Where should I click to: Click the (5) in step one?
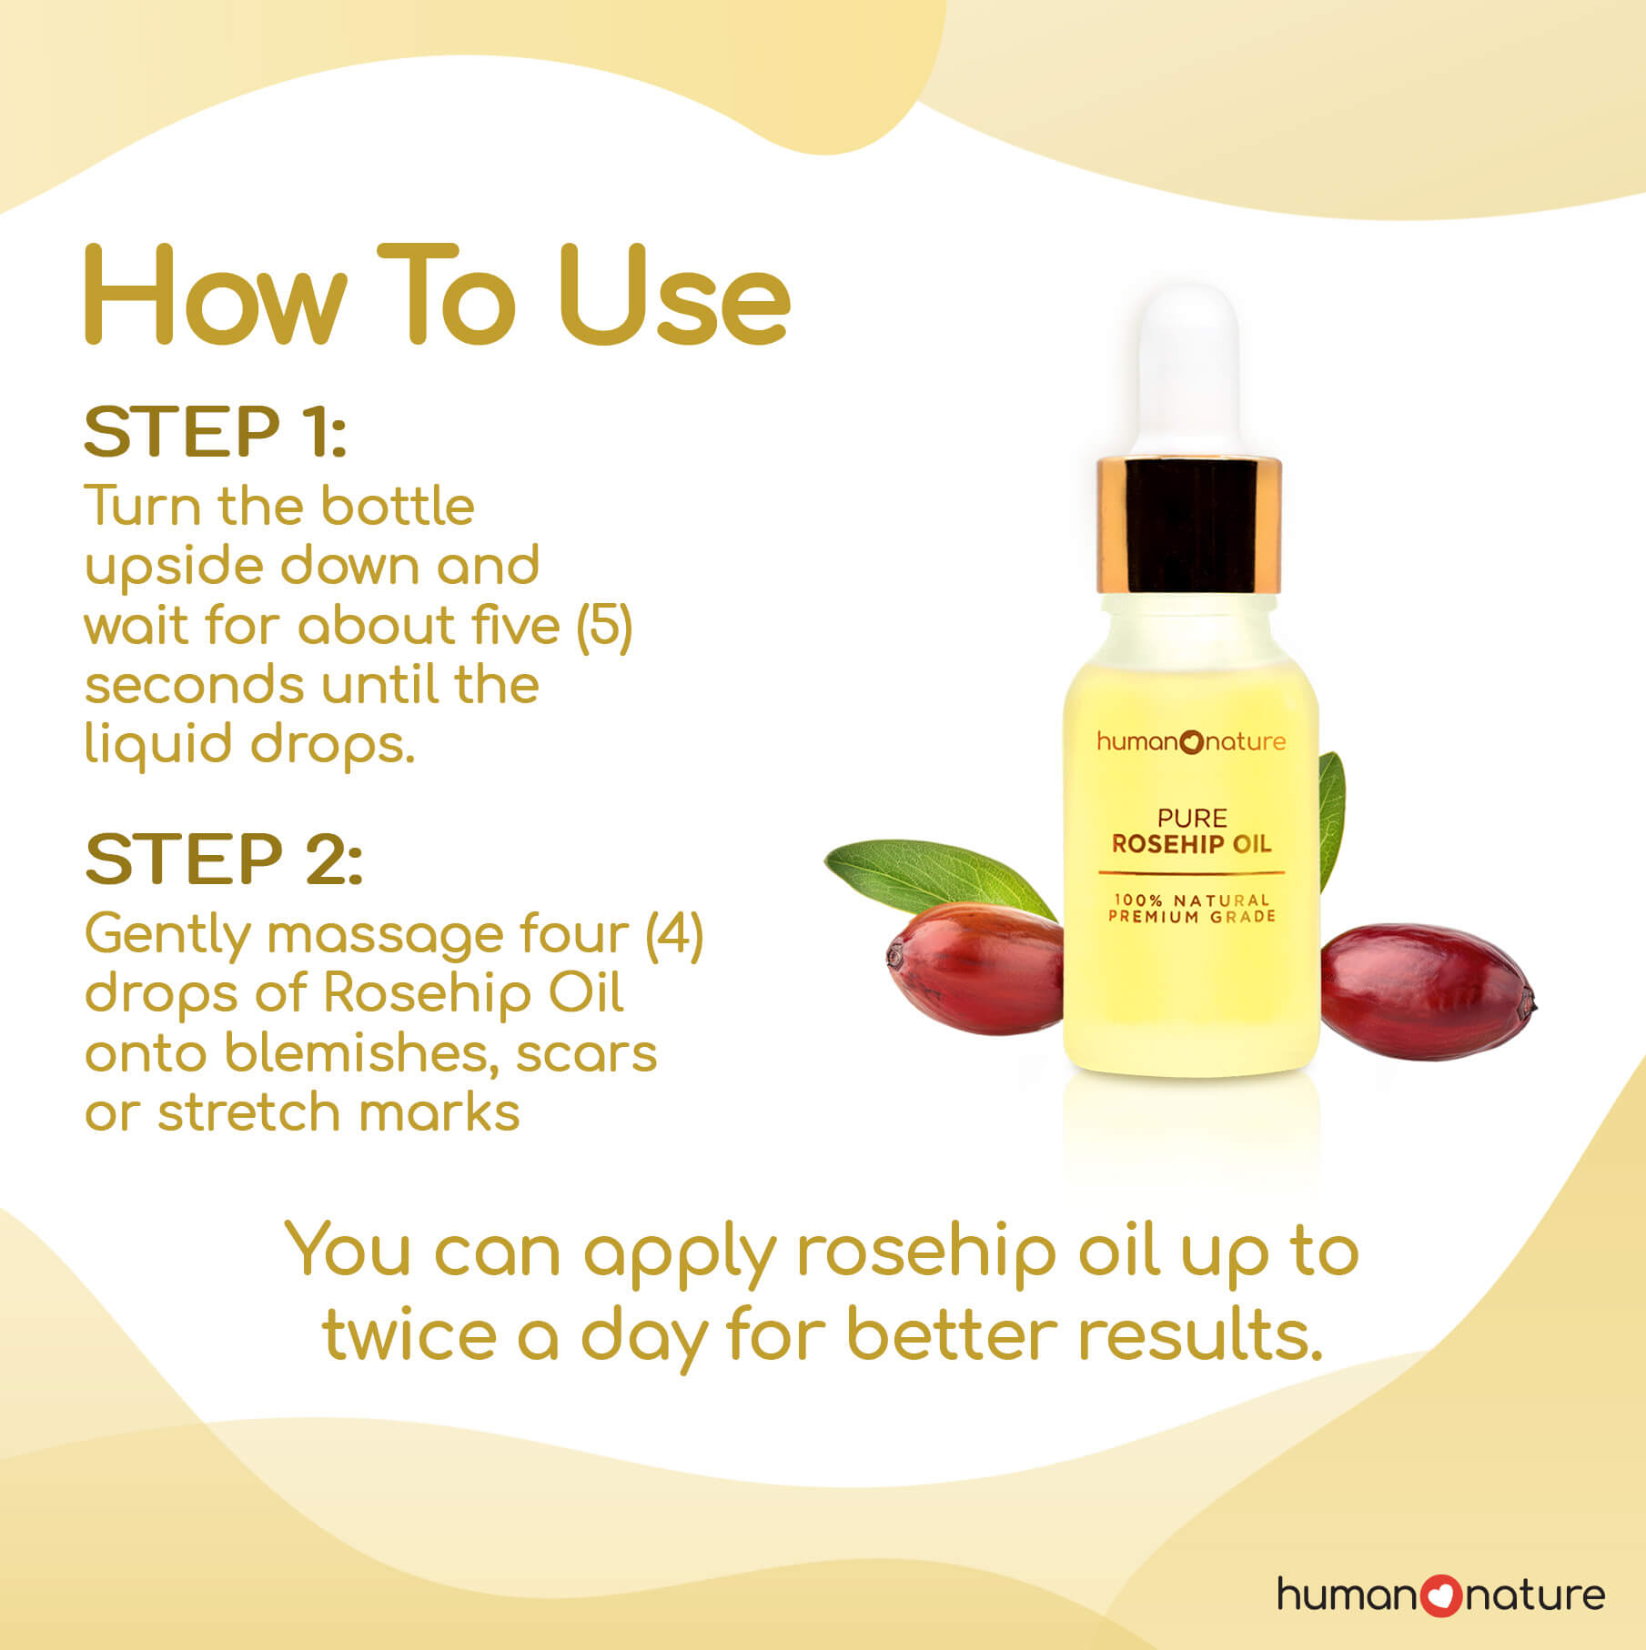[604, 626]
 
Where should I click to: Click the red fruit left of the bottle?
[974, 968]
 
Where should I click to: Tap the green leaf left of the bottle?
[937, 875]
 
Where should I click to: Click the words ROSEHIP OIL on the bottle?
[1191, 843]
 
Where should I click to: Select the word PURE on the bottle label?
[1192, 817]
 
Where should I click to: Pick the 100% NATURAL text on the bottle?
[1191, 899]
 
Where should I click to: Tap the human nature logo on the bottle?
[1191, 741]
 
